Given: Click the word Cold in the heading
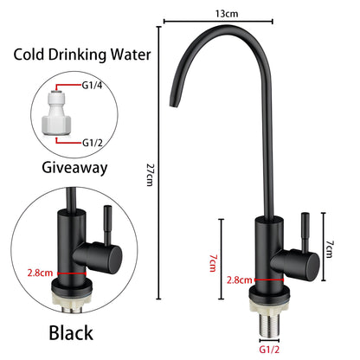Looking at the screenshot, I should (30, 55).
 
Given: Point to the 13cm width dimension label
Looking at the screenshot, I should (228, 14).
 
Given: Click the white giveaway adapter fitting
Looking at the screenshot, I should (56, 114).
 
